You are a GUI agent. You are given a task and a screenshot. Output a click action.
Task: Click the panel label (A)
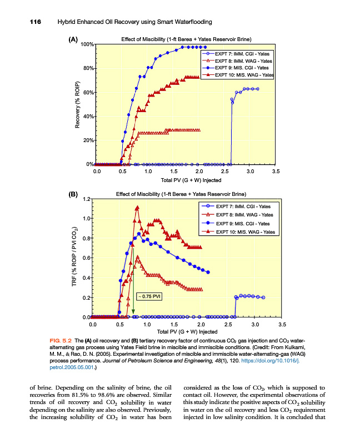click(73, 40)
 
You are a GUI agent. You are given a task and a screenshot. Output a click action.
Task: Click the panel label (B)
click(73, 194)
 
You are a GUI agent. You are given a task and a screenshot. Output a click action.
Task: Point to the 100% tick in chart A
click(86, 44)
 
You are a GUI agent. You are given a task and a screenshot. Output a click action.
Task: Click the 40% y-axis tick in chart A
click(87, 117)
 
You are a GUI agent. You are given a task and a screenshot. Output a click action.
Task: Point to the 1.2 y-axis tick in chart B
click(86, 199)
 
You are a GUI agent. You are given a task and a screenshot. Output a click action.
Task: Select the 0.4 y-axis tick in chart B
click(86, 277)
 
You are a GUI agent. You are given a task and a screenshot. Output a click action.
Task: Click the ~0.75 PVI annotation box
click(149, 296)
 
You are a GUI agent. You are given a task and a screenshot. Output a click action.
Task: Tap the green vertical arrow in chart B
click(133, 277)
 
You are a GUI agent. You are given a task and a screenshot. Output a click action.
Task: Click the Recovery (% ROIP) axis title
click(77, 105)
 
